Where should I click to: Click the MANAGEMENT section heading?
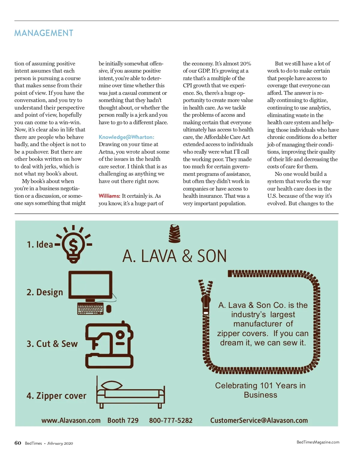click(x=44, y=33)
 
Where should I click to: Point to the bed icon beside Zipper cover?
click(x=130, y=393)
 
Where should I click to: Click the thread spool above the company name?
click(x=175, y=234)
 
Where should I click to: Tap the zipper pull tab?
click(x=206, y=303)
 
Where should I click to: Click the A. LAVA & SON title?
click(x=174, y=256)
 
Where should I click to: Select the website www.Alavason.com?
click(x=71, y=420)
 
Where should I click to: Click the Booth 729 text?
click(x=123, y=420)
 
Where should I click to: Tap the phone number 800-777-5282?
click(x=171, y=420)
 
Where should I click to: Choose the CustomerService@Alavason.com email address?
click(x=259, y=420)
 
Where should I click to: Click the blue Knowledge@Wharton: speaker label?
click(x=126, y=137)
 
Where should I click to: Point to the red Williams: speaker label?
click(x=109, y=196)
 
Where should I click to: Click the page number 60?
click(x=18, y=443)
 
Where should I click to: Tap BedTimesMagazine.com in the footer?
click(x=318, y=442)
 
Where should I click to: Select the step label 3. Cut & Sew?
click(x=52, y=344)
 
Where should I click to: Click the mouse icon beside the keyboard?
click(x=109, y=308)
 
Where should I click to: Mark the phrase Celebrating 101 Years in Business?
click(x=260, y=390)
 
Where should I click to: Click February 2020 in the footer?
click(x=60, y=443)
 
